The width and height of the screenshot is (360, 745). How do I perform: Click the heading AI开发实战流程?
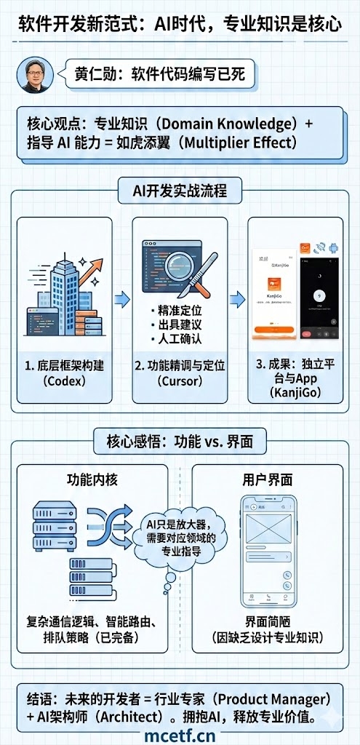[180, 192]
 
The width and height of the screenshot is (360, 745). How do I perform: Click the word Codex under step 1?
[65, 381]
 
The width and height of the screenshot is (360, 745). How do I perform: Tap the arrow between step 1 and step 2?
[122, 300]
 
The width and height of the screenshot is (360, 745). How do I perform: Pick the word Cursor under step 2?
[180, 381]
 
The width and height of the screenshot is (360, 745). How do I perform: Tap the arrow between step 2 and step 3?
[237, 300]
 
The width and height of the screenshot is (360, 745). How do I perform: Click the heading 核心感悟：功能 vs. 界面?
[180, 441]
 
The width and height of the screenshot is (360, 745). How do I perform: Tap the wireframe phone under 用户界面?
[268, 551]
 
